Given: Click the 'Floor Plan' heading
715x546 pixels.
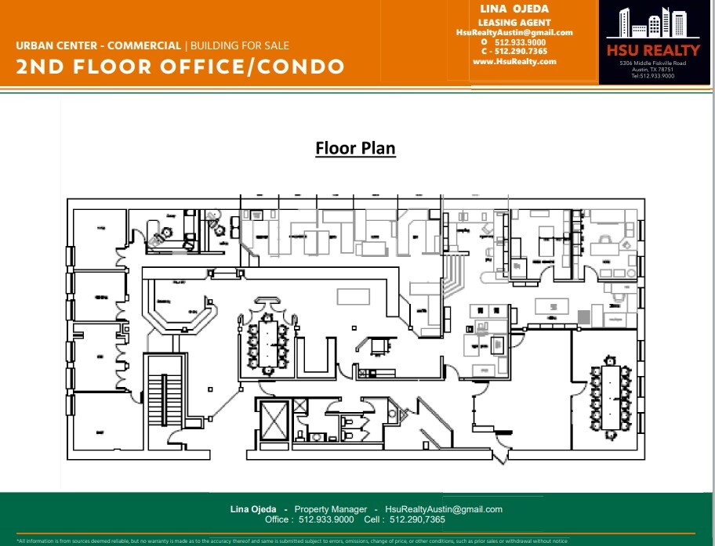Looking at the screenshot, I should (x=355, y=148).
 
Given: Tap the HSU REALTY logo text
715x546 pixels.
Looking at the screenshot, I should (x=652, y=50).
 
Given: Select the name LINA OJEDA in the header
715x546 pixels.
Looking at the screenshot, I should (x=514, y=9).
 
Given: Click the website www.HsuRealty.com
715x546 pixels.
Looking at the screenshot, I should (x=514, y=61).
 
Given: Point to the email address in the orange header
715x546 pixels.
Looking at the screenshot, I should (x=514, y=32).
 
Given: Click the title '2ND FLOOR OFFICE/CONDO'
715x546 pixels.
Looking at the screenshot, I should (x=180, y=67).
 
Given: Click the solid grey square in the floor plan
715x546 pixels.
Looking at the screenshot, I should (x=583, y=316).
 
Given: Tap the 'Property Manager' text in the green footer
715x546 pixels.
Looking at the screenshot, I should (x=330, y=509).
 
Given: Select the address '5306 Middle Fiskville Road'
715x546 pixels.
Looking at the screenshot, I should (x=652, y=63).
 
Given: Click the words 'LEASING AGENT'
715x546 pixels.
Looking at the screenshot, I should (x=514, y=22).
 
